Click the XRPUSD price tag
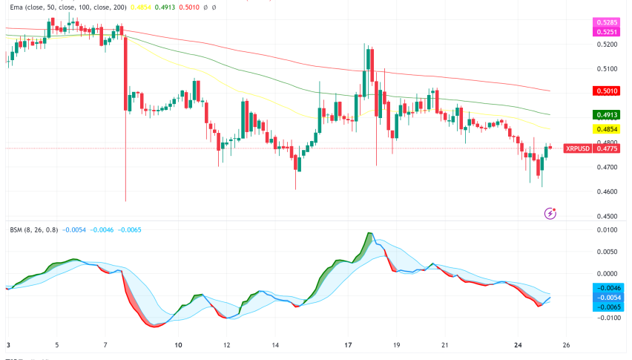click(577, 148)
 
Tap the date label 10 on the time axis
click(178, 345)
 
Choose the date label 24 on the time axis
click(519, 345)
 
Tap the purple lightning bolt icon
click(550, 213)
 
